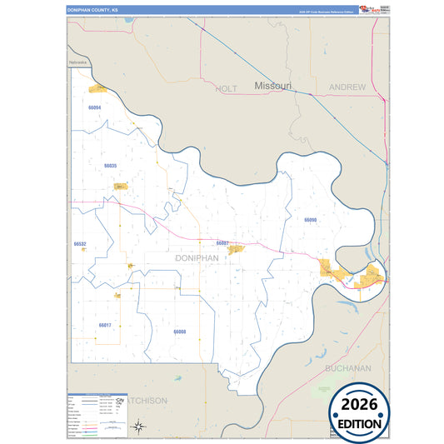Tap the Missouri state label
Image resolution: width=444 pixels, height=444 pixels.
273,87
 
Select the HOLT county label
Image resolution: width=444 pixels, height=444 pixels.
227,87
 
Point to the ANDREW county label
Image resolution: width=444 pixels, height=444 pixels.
347,87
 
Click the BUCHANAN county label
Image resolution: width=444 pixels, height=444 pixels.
347,367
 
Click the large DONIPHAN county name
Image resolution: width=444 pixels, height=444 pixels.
197,258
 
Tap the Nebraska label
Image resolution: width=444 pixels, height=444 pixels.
78,62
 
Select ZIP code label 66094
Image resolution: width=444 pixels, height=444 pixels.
94,108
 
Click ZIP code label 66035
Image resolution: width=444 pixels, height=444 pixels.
111,166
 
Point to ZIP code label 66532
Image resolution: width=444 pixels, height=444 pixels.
80,244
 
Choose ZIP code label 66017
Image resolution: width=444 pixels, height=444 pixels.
104,325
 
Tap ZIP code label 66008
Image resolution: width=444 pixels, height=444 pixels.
180,332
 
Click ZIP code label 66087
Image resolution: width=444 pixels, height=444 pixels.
222,242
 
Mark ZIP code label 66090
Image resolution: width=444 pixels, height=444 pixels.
311,220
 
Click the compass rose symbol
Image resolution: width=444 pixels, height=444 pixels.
141,428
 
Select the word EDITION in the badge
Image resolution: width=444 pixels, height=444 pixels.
360,423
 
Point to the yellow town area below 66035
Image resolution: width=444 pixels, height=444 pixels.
120,186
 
